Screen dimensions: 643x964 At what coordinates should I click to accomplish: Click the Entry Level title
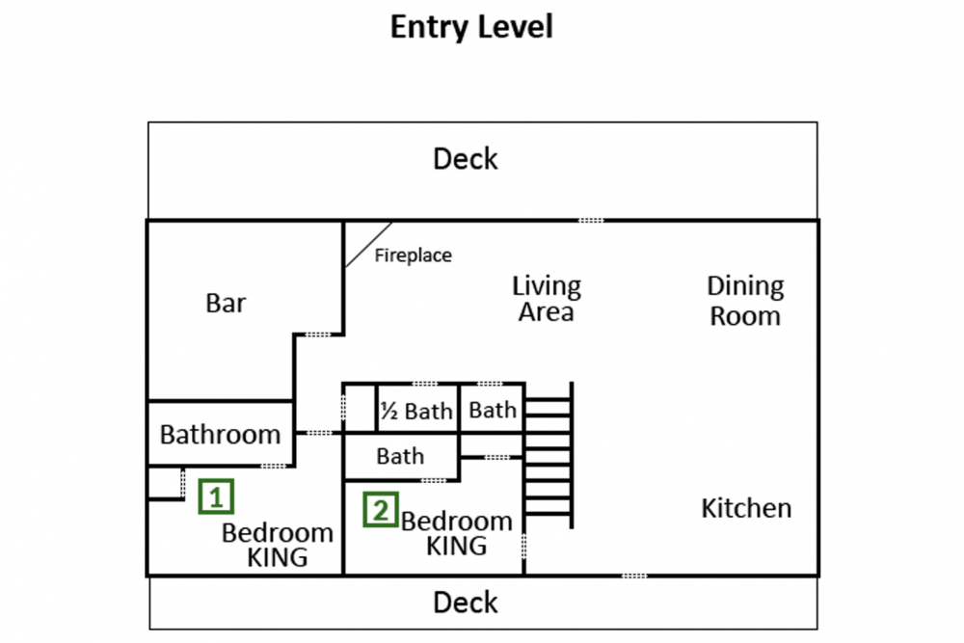coord(471,27)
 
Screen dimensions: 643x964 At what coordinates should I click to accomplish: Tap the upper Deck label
coord(466,159)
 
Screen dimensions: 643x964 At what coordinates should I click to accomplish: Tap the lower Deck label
coord(466,603)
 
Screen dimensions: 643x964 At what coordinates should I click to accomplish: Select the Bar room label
coord(226,304)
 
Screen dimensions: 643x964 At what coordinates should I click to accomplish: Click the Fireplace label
coord(413,256)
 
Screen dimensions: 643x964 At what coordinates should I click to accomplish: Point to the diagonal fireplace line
coord(368,245)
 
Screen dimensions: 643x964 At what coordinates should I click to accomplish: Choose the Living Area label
coord(547,299)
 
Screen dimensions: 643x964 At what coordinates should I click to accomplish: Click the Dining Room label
coord(745,301)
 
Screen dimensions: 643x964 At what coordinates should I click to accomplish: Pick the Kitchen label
coord(746,508)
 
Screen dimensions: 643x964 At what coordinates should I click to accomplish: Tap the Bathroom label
coord(220,435)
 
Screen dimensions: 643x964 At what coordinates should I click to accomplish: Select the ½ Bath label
coord(415,412)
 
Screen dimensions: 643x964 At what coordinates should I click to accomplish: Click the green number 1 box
coord(217,497)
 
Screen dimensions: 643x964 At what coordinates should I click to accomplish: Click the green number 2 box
coord(381,509)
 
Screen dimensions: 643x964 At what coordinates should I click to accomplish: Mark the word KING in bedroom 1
coord(278,557)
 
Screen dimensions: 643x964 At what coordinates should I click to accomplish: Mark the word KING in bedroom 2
coord(457,546)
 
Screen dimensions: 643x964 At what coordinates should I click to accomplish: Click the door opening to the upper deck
coord(591,221)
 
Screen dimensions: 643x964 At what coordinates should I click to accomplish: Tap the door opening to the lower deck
coord(634,576)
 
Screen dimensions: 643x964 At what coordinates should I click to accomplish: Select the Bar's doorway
coord(319,335)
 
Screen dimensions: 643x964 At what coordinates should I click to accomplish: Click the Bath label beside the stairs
coord(493,411)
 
